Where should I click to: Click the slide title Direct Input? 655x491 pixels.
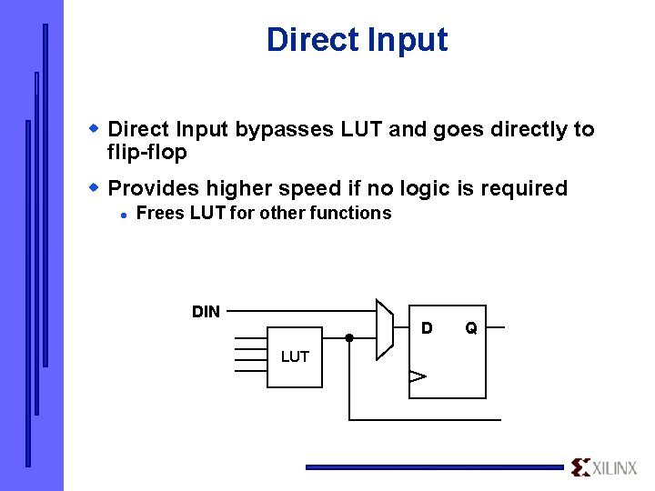(357, 40)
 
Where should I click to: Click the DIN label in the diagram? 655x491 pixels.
(206, 312)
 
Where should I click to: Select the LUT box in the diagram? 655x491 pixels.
(295, 356)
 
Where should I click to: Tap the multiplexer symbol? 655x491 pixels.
(385, 328)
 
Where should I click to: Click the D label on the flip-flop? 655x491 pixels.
(426, 327)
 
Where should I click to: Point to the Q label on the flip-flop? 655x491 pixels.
(471, 327)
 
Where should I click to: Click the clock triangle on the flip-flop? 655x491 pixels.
(417, 376)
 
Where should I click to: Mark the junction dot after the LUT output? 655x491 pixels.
(349, 337)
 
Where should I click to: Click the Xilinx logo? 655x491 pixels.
(605, 467)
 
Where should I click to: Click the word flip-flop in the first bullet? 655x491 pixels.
(146, 153)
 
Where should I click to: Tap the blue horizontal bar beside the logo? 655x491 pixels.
(434, 467)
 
